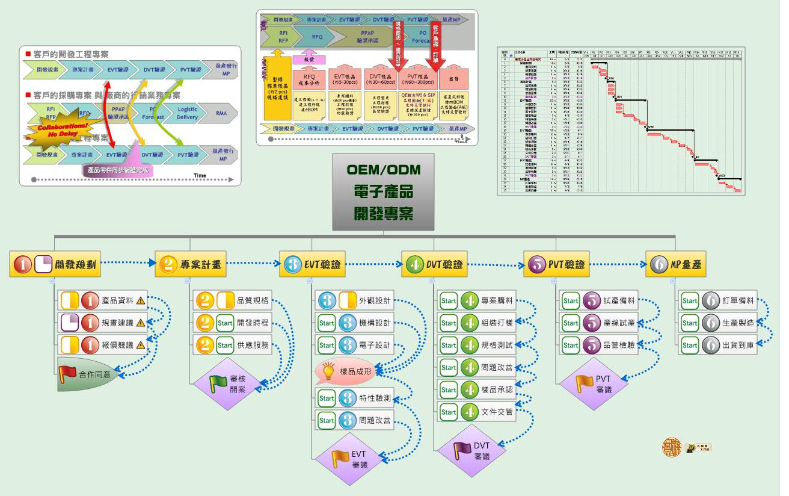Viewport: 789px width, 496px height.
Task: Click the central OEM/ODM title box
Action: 383,191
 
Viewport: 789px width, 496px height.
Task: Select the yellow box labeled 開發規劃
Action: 55,264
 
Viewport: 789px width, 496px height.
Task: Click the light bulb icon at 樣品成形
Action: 328,371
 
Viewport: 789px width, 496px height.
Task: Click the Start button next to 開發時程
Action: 225,323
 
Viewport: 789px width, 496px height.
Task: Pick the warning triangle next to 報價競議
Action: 140,346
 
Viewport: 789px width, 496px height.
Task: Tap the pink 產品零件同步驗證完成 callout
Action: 117,170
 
